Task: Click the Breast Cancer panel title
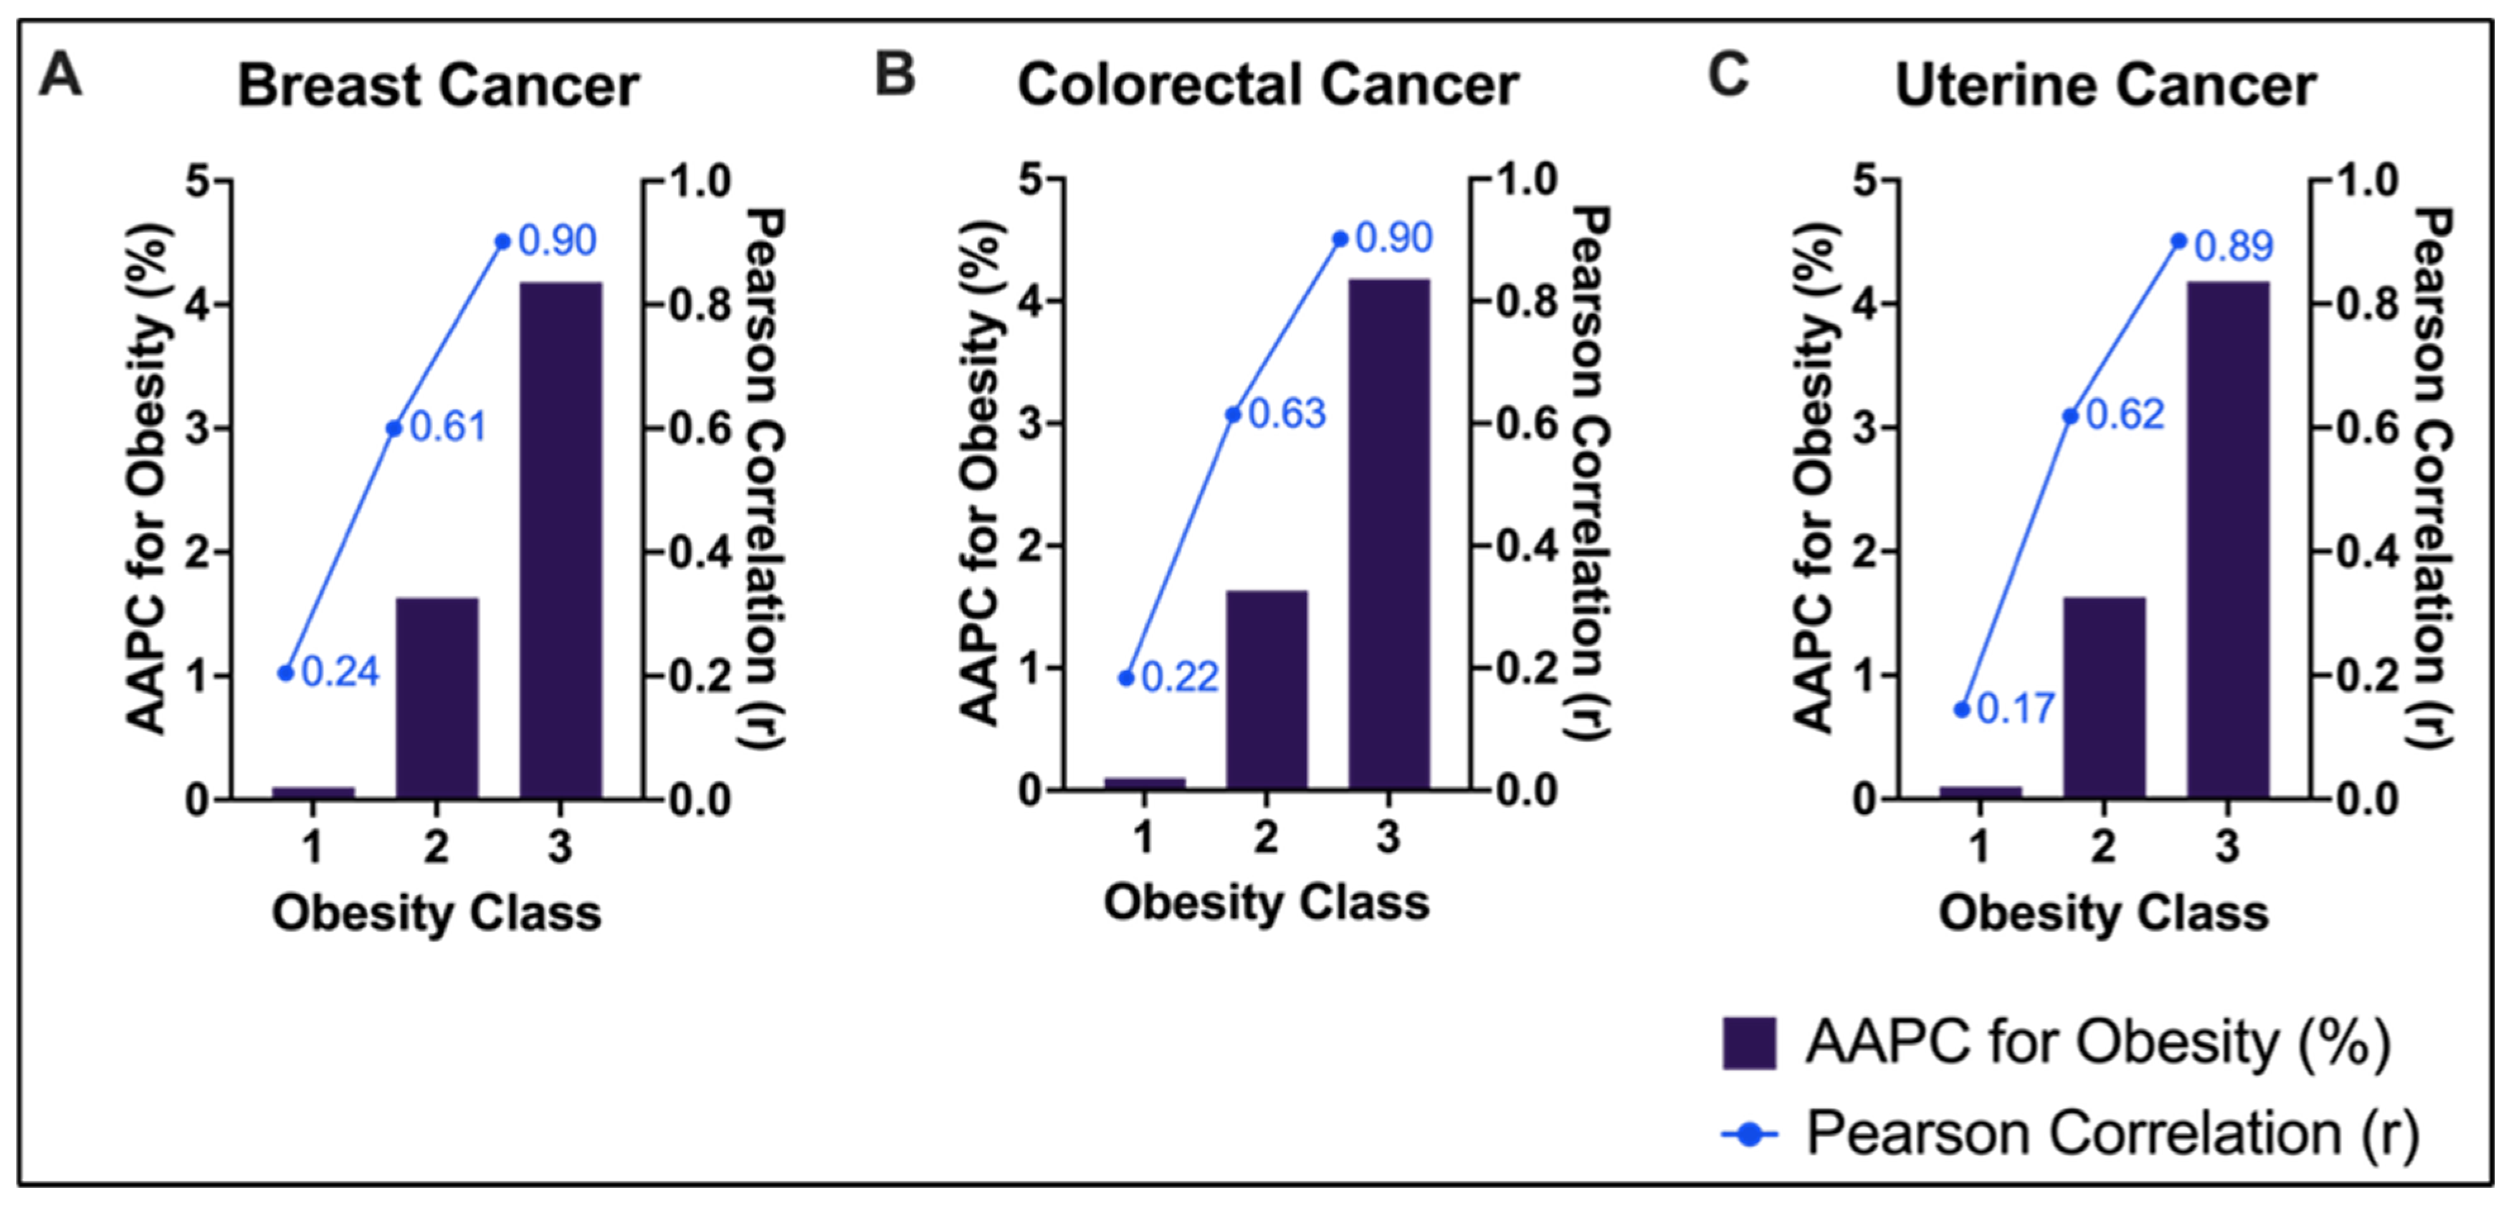pos(438,85)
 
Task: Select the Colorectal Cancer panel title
pos(1267,85)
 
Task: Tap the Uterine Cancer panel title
pos(2105,85)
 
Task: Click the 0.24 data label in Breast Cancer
pos(340,672)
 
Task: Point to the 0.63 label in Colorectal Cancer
pos(1286,413)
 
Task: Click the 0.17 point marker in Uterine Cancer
pos(1962,710)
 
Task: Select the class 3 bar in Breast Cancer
pos(561,540)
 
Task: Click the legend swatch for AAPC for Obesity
pos(1749,1043)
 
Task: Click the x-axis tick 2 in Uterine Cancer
pos(2103,846)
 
